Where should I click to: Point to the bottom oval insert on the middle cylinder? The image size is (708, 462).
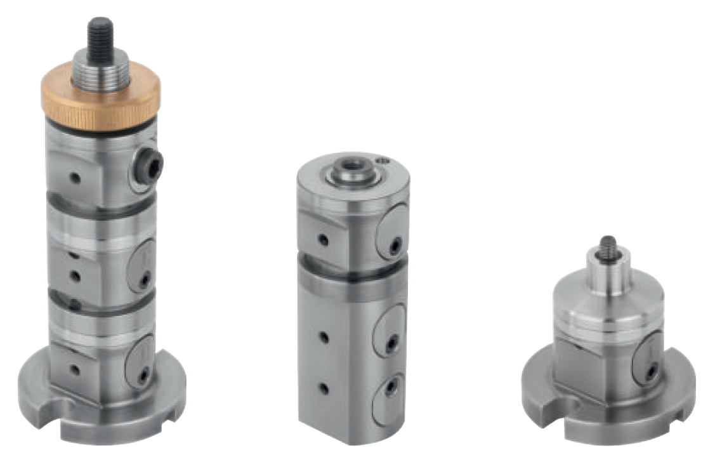coord(388,398)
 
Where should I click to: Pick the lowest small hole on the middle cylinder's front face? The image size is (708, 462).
coord(324,388)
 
